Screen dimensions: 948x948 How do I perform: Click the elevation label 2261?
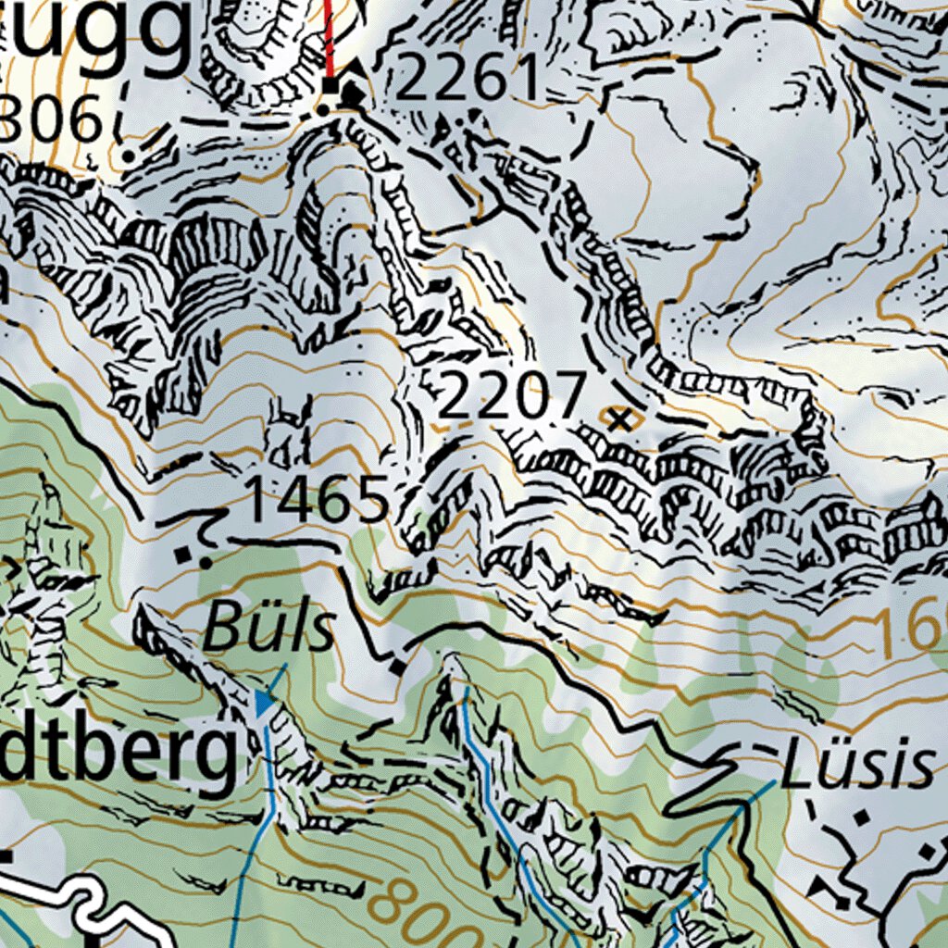[468, 78]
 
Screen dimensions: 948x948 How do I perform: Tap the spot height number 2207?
[512, 397]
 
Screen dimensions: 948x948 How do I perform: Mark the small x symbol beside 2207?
[621, 420]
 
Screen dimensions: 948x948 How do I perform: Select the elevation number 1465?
[318, 501]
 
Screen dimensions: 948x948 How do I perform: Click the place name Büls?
[268, 630]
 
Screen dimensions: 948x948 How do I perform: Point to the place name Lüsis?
[857, 766]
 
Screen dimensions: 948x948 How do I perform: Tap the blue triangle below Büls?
[265, 704]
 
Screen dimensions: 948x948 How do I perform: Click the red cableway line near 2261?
[329, 37]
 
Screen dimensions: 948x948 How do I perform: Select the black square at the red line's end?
[331, 86]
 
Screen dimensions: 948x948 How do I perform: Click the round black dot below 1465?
[205, 561]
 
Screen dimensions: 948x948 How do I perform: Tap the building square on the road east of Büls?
[398, 667]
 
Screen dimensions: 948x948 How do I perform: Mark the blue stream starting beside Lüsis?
[741, 815]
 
